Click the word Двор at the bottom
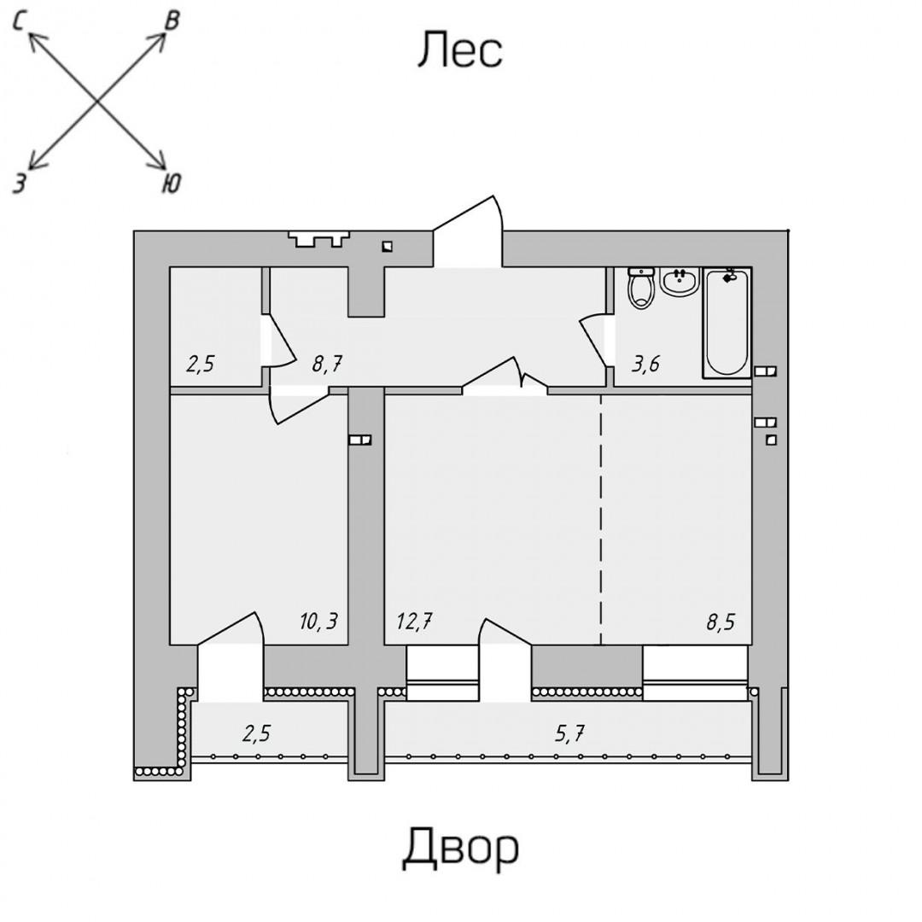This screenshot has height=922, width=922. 460,848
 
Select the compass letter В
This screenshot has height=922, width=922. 172,21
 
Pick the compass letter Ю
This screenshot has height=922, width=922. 171,183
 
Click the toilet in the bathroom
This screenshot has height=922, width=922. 640,287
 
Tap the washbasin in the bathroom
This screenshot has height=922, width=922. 680,282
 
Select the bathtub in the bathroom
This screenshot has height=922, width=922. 727,322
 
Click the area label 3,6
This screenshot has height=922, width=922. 645,365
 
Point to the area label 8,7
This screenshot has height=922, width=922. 328,365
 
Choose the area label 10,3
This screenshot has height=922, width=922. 318,621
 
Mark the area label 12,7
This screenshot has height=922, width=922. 414,621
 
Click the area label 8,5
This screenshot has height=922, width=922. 720,621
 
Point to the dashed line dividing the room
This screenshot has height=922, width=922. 601,521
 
